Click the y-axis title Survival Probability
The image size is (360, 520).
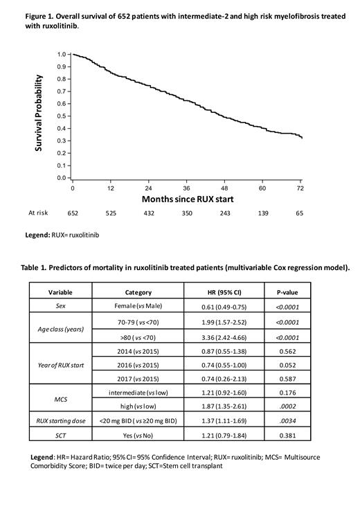tap(40, 113)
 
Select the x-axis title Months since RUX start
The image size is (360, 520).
tap(187, 199)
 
